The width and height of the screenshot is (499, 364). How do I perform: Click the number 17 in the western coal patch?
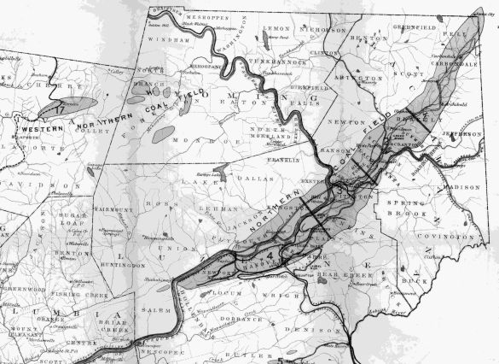58,109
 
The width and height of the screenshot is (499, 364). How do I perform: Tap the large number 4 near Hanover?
271,255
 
